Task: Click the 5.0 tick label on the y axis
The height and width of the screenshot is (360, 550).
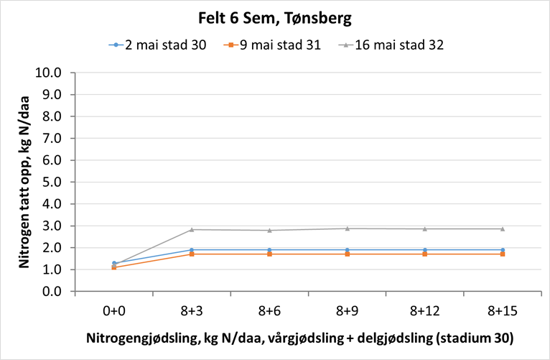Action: pyautogui.click(x=52, y=182)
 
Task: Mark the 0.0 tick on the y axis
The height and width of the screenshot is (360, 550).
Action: pyautogui.click(x=52, y=292)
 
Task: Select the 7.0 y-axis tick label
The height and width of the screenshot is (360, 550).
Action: pyautogui.click(x=52, y=138)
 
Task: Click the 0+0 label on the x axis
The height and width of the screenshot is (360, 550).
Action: pyautogui.click(x=114, y=311)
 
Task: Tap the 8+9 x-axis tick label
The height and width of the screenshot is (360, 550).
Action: pyautogui.click(x=347, y=311)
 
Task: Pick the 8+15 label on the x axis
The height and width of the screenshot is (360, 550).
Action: pyautogui.click(x=502, y=311)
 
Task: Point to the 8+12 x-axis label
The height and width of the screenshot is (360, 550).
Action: pyautogui.click(x=424, y=311)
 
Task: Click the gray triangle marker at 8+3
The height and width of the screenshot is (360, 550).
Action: pyautogui.click(x=192, y=229)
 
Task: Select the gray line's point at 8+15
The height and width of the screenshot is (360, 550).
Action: pyautogui.click(x=502, y=229)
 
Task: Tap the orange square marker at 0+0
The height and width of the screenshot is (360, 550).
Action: pyautogui.click(x=114, y=267)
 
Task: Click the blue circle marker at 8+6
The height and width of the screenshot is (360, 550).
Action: pyautogui.click(x=269, y=250)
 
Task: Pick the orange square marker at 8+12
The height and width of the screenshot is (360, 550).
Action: pyautogui.click(x=424, y=254)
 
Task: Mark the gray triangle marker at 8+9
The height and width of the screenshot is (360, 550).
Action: pyautogui.click(x=347, y=229)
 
